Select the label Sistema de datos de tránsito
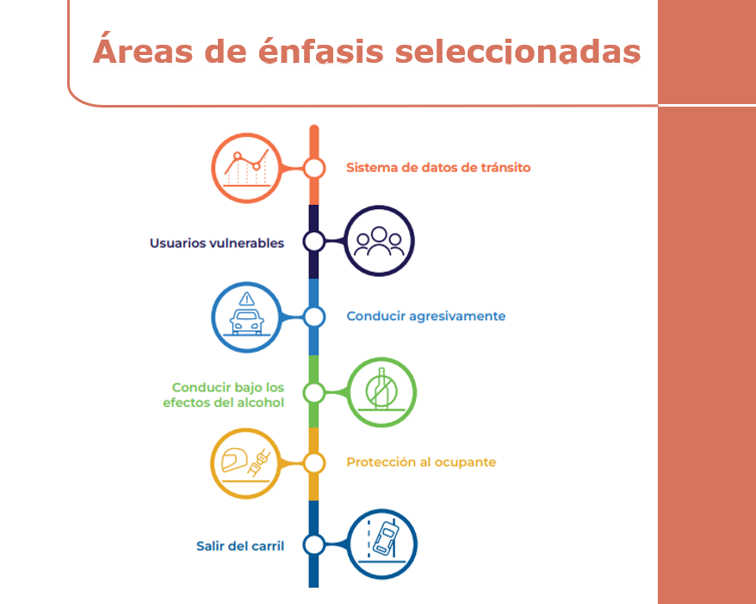tap(438, 168)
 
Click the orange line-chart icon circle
tap(247, 168)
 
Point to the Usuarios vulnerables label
tap(217, 243)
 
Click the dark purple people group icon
tap(379, 241)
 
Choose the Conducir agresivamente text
tap(425, 317)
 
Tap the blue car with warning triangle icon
tap(247, 317)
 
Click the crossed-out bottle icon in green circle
tap(380, 392)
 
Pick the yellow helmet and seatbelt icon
tap(247, 463)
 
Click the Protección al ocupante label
tap(421, 463)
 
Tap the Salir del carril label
tap(240, 545)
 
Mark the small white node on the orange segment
tap(314, 168)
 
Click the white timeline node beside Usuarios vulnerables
tap(314, 242)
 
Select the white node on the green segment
tap(314, 393)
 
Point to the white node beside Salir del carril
tap(314, 545)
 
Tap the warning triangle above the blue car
tap(248, 299)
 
